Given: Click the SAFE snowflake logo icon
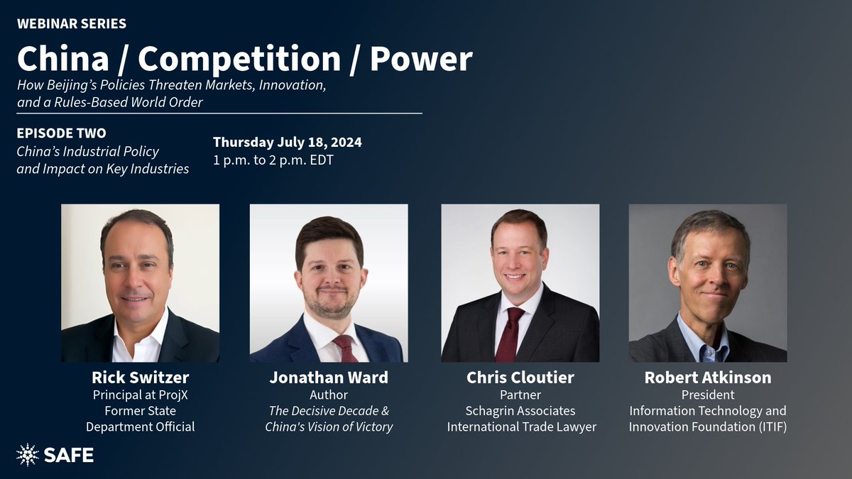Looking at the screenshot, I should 28,455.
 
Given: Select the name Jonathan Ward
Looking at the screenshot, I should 328,378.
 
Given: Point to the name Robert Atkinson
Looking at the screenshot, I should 707,378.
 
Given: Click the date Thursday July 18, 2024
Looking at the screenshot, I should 288,142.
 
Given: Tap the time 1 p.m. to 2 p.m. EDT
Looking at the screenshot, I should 273,160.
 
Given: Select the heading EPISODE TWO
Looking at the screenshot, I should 62,133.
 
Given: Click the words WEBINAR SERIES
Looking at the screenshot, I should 72,24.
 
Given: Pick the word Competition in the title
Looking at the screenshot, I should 239,59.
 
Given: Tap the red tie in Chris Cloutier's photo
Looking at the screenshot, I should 509,334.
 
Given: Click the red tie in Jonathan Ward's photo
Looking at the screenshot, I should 346,348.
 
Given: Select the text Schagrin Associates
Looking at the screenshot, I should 520,411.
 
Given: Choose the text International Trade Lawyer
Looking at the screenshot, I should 520,427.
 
